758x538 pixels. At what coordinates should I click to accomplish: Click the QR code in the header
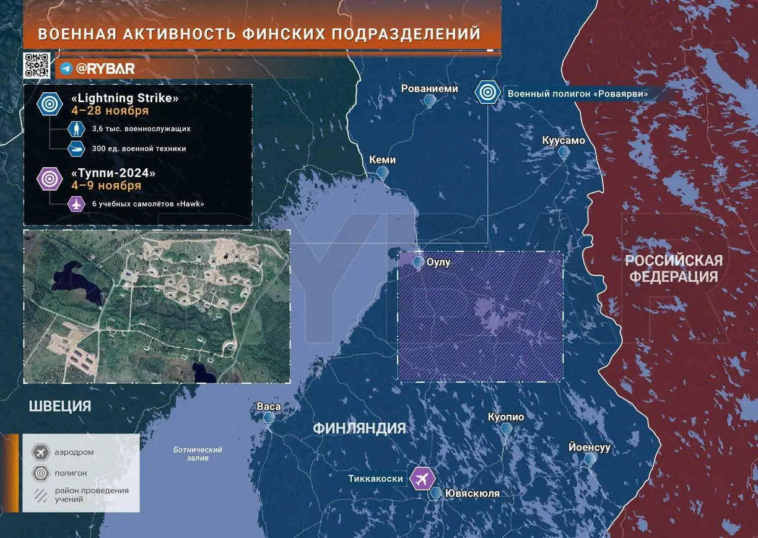point(37,66)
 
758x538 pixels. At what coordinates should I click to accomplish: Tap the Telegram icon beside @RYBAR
point(66,69)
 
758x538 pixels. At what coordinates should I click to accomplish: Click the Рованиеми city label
point(430,89)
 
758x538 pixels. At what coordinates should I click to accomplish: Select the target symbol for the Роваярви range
point(488,93)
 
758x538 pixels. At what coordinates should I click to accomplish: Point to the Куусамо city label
point(563,141)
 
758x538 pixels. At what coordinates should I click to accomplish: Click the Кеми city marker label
point(382,160)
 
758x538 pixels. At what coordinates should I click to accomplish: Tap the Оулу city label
point(438,262)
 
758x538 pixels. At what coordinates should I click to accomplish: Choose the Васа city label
point(269,407)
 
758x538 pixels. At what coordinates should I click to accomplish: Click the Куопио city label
point(506,417)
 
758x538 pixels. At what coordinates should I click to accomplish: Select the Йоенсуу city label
point(590,447)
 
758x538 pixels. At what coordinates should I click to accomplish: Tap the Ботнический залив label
point(198,454)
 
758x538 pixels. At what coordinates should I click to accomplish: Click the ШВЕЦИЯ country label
point(60,406)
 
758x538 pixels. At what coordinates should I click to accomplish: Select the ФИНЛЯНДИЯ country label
point(359,428)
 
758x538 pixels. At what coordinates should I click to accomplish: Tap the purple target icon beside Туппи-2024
point(50,179)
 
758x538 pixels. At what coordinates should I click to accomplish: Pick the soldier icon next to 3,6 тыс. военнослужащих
point(75,129)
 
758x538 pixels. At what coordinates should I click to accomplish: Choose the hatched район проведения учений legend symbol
point(41,495)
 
